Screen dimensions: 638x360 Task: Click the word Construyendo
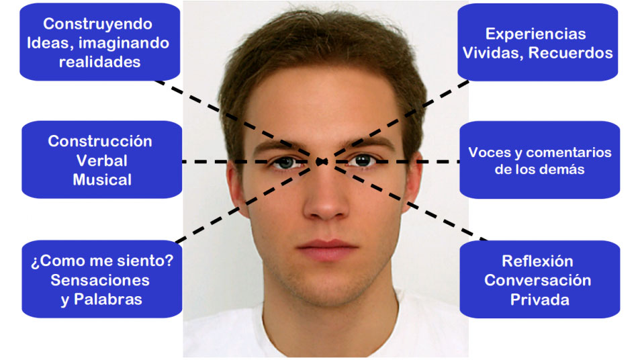(97, 24)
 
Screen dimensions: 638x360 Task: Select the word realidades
(99, 62)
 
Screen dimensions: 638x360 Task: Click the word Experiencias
(535, 34)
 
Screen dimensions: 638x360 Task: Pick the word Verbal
(101, 161)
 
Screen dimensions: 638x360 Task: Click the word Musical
(102, 180)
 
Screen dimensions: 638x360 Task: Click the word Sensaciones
(100, 280)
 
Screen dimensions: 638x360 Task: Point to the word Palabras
(108, 300)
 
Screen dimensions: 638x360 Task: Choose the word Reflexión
(537, 261)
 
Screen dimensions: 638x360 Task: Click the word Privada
(539, 300)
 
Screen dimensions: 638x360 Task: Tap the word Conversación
(537, 280)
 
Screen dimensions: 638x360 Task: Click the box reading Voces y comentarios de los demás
(539, 160)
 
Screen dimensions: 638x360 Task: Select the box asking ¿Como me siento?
(101, 279)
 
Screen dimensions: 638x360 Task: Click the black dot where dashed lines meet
(322, 162)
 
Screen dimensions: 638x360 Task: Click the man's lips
(327, 249)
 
